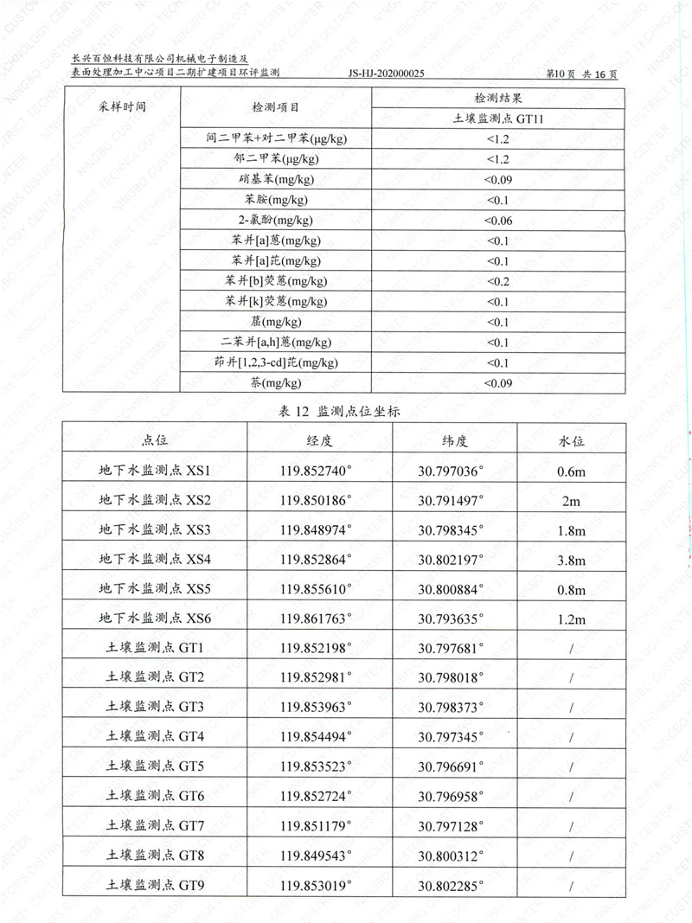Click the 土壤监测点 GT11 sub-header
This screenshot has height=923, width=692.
(497, 119)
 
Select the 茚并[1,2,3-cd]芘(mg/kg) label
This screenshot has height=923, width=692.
(276, 362)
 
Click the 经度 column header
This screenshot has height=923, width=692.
(319, 440)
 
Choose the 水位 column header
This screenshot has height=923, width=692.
(571, 440)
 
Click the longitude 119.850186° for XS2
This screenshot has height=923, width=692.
(317, 500)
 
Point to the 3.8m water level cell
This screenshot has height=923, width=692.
(571, 560)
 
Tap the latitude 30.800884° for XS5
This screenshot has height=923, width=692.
(451, 589)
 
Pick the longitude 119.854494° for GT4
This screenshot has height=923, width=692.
(317, 737)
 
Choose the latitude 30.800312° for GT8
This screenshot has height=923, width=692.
(451, 856)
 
